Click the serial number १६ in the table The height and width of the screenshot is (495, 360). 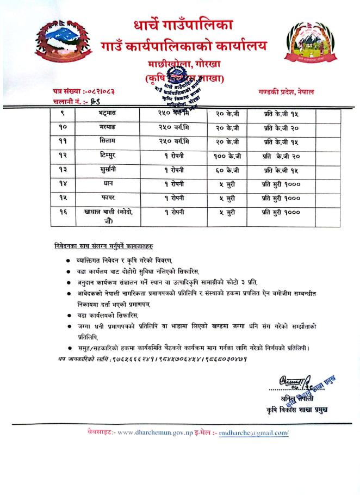click(63, 212)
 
